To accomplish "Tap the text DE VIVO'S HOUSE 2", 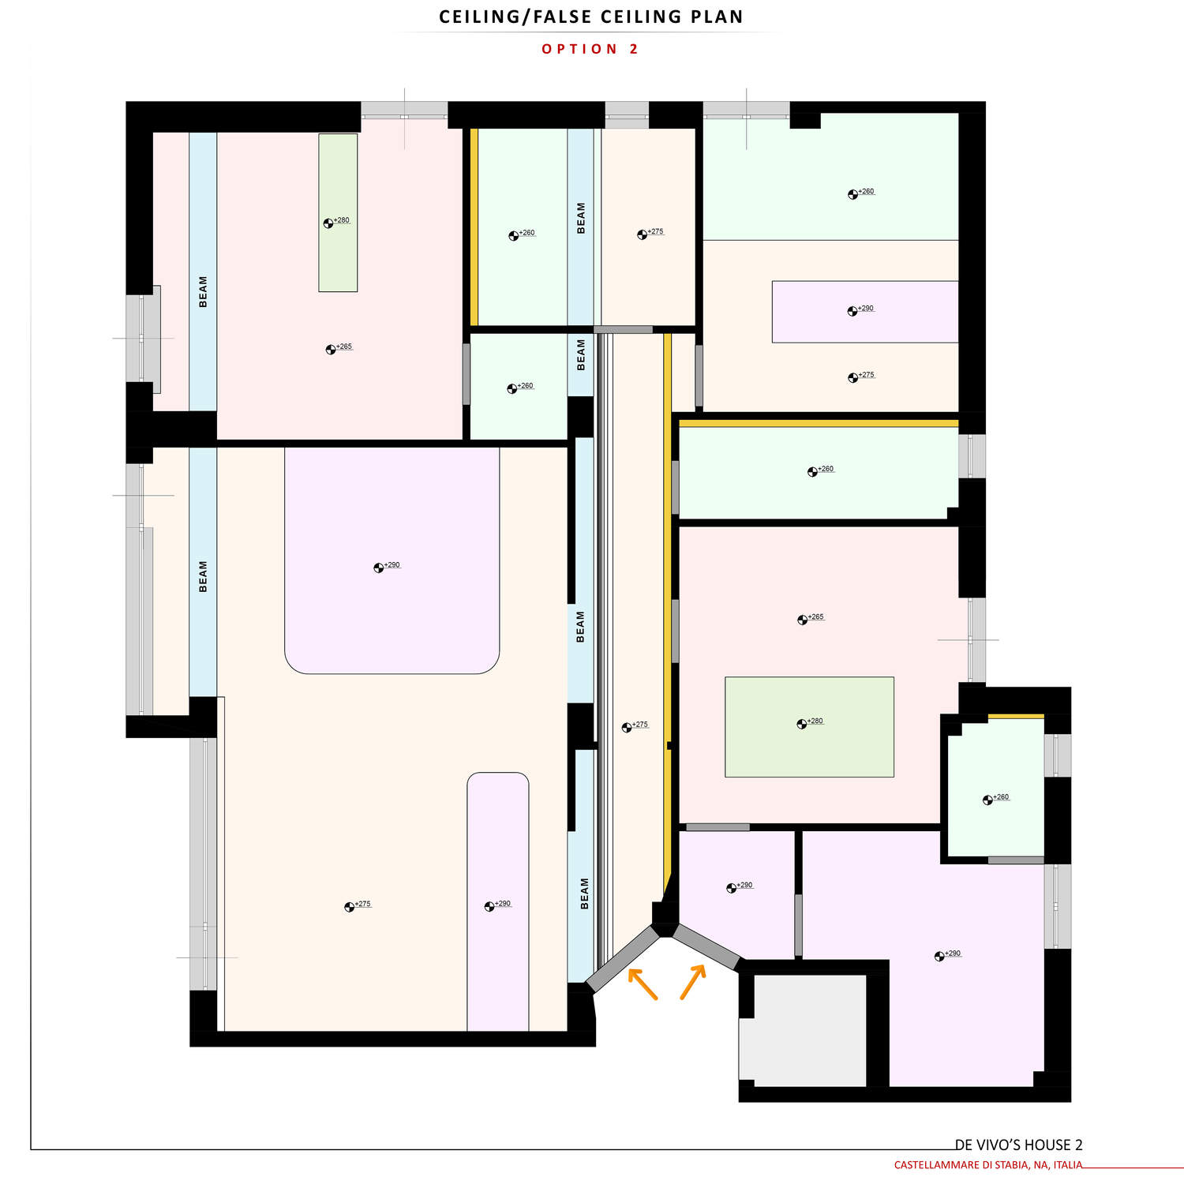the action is [1018, 1145].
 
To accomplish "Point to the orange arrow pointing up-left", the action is [643, 984].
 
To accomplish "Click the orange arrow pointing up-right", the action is [693, 982].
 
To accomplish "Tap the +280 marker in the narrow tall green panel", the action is [336, 222].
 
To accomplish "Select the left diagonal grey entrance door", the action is [622, 959].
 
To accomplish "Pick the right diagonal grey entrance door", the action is [706, 947].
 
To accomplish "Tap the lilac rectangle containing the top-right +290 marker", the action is [865, 312].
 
